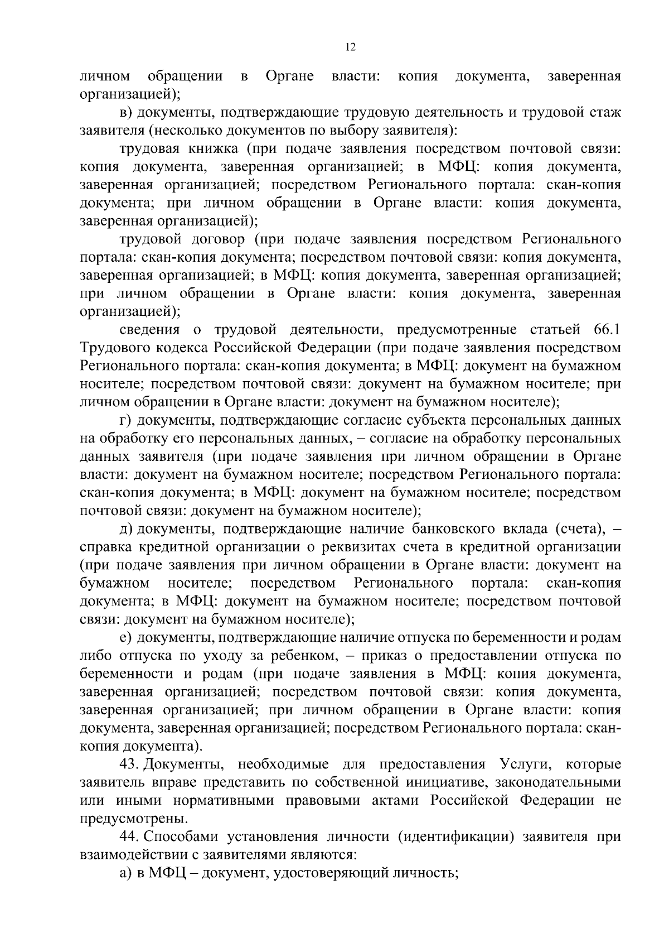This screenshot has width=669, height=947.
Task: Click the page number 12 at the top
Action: (x=350, y=47)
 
